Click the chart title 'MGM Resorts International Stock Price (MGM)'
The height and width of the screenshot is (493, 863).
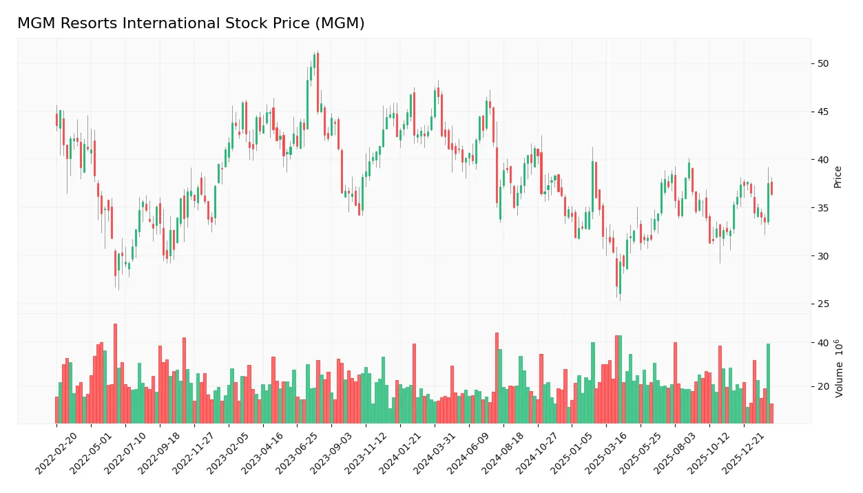coord(191,23)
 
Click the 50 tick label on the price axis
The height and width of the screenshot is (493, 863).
coord(823,64)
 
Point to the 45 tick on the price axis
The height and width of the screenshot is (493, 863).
coord(823,112)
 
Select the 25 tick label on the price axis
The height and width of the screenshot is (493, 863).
coord(823,304)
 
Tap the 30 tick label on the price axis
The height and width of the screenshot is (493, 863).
coord(823,256)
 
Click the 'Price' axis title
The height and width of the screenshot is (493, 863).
coord(838,177)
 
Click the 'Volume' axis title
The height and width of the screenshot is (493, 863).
coord(839,368)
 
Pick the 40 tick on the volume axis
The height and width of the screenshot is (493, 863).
coord(823,343)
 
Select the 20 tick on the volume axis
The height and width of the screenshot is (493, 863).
coord(823,387)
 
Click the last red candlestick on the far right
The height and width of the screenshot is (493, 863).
coord(771,189)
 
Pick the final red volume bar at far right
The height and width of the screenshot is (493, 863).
coord(771,413)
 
